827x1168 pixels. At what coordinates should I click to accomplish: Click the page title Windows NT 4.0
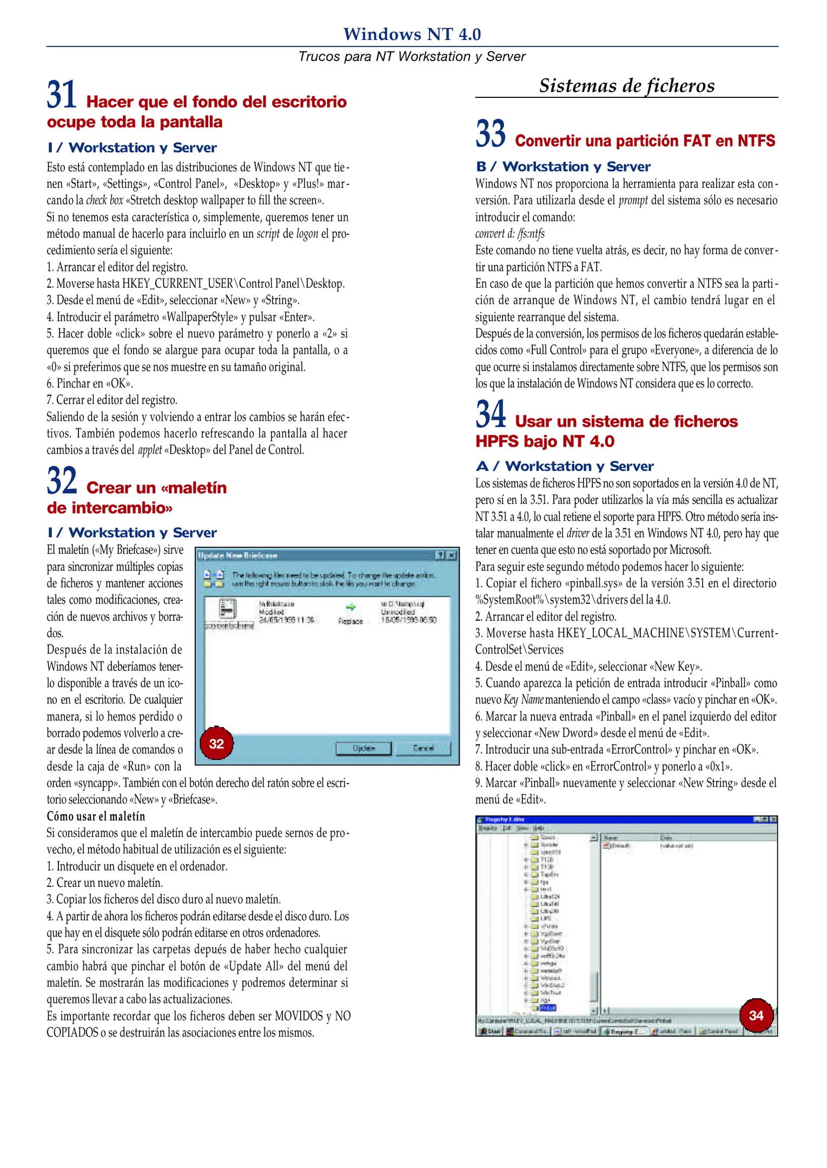pos(412,34)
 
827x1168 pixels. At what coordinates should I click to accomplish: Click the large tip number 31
pos(62,95)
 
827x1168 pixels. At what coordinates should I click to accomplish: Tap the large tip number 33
pos(491,134)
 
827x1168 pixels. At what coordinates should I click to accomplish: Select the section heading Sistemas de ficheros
pos(626,85)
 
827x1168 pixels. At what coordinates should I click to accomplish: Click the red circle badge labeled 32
pos(216,744)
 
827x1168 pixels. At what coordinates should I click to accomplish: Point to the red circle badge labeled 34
pos(756,1015)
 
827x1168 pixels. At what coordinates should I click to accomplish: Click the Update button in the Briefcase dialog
pos(363,748)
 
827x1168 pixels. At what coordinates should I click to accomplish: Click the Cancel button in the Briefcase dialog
pos(423,748)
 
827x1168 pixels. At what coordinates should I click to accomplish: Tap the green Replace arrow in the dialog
pos(350,607)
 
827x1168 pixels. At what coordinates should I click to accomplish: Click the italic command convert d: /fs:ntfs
pos(510,234)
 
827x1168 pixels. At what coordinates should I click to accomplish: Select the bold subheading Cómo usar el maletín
pos(96,816)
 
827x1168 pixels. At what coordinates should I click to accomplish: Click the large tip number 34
pos(491,414)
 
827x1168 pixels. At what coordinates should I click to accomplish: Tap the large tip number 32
pos(62,481)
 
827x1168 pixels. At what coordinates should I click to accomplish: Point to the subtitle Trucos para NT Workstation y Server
pos(412,56)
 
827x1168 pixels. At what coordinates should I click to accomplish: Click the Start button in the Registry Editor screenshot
pos(491,1031)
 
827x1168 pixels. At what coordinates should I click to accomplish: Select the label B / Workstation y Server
pos(563,167)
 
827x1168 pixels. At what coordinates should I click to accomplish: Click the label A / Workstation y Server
pos(564,466)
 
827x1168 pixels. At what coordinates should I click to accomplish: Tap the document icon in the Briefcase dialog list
pos(228,609)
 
